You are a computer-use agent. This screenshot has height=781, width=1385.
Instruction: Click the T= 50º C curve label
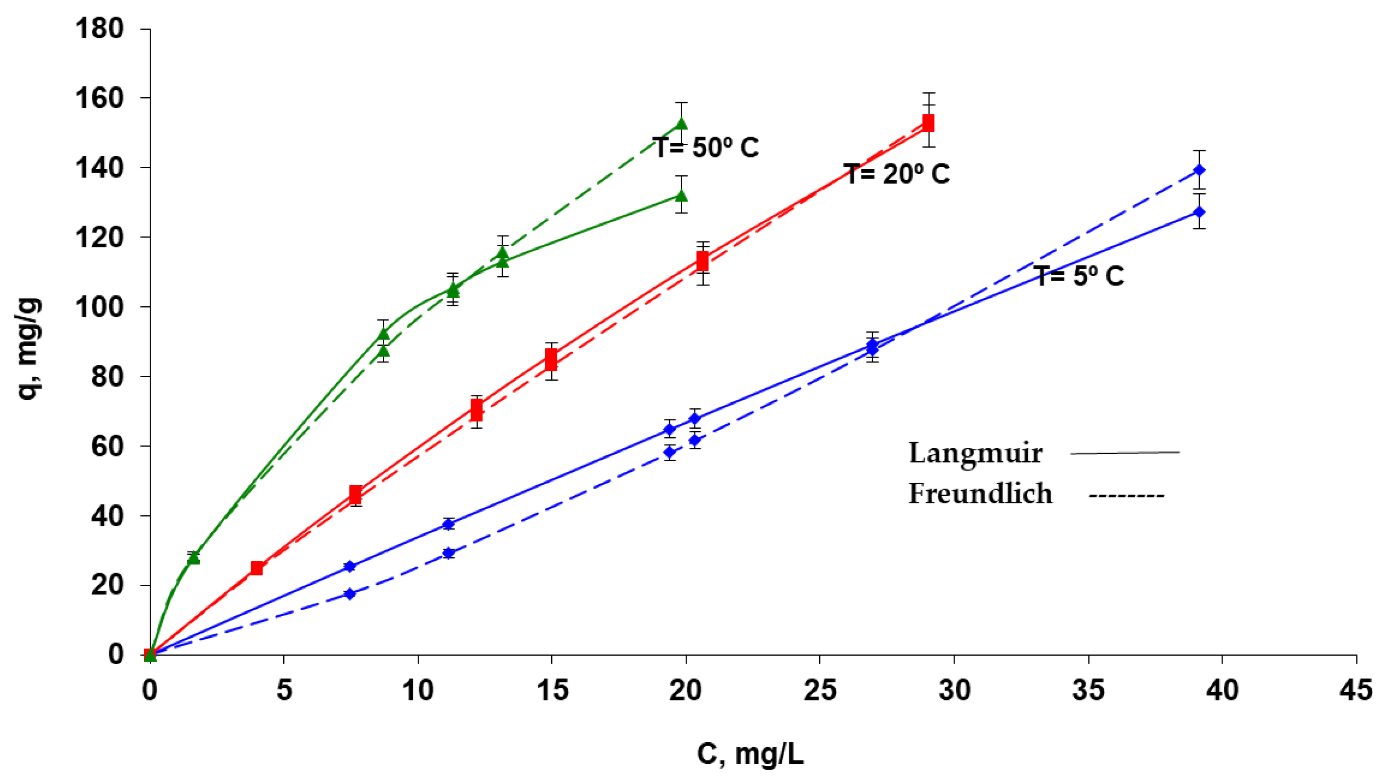coord(705,147)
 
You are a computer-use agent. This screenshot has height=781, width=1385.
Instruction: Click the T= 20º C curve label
coord(896,174)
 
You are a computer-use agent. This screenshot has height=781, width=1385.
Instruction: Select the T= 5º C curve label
coord(1080,276)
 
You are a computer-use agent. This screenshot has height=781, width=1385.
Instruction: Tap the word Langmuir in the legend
coord(975,453)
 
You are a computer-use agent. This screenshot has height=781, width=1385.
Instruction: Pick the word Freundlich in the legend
coord(980,494)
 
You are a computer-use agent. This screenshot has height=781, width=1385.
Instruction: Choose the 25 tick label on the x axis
coord(820,690)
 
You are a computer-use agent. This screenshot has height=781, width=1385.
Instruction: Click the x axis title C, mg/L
coord(750,754)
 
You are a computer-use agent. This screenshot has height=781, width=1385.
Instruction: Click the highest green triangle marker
coord(681,124)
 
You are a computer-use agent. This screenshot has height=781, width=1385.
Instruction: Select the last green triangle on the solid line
coord(681,195)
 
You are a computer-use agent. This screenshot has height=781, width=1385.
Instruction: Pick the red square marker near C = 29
coord(928,123)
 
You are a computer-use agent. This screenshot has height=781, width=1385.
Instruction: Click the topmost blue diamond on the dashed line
coord(1199,170)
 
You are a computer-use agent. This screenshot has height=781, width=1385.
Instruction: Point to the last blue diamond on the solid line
coord(1199,212)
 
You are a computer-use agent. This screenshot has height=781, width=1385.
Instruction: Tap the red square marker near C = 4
coord(257,568)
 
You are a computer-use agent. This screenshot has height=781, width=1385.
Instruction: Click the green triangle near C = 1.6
coord(193,558)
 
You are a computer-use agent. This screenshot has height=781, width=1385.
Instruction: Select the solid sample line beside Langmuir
coord(1125,453)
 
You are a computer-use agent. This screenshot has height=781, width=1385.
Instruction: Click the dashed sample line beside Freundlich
coord(1126,495)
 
